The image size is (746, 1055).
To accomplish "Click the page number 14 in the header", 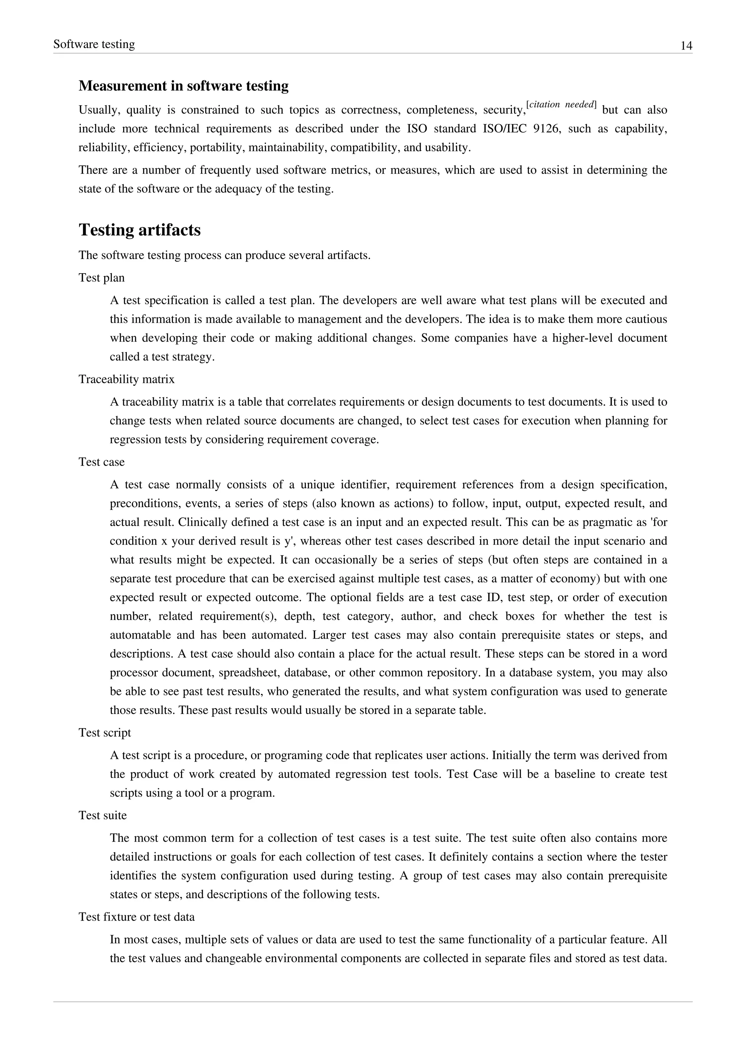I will coord(686,46).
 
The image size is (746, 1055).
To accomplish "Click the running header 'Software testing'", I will coord(94,44).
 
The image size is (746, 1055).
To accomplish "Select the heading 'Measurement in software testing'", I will coord(183,86).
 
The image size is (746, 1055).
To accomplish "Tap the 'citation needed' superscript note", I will coord(561,105).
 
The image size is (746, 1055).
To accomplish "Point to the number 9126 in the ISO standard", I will coord(547,129).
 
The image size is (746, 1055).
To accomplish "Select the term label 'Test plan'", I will coord(102,278).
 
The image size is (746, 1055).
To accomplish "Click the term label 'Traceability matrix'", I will coord(126,380).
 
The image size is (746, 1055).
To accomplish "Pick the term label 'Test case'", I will coord(102,462).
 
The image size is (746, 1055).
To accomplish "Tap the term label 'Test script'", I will coord(105,733).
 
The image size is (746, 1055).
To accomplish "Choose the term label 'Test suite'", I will coord(102,815).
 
